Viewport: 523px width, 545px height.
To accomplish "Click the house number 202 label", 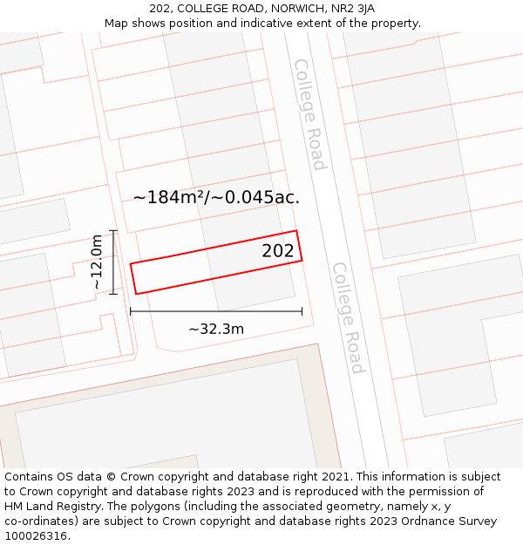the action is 278,251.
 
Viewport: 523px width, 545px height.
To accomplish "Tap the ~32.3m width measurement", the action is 216,329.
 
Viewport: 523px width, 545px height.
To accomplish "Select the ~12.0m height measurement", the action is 98,262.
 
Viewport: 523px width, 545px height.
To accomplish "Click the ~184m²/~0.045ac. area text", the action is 216,197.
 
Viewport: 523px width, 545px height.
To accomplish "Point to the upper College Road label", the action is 309,114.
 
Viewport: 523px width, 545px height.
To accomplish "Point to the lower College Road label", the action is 347,317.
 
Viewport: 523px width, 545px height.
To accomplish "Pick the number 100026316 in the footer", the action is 36,536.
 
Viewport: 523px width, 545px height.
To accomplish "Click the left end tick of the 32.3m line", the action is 130,311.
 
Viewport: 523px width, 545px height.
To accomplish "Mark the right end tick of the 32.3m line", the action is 302,311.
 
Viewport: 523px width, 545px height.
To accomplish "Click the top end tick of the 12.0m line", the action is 113,230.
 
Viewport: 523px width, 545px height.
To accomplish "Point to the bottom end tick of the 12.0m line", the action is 113,294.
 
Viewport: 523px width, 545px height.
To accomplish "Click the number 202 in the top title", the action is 160,9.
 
